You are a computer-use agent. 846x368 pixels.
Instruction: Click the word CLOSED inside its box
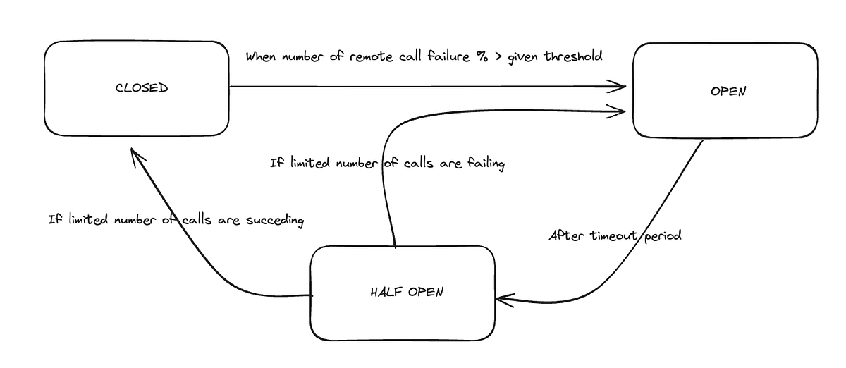[142, 88]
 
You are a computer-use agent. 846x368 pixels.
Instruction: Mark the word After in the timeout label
[565, 236]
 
